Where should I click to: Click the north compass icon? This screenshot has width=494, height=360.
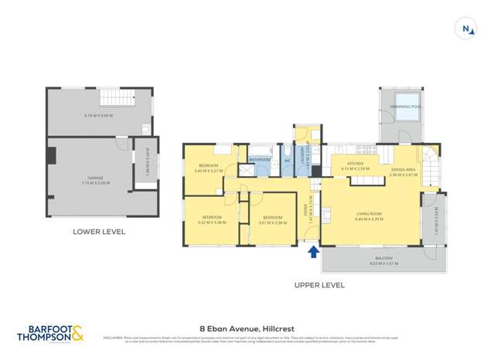[465, 29]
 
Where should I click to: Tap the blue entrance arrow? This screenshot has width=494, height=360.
[313, 250]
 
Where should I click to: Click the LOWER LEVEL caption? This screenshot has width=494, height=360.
[98, 231]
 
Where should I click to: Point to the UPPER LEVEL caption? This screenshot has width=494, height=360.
[319, 285]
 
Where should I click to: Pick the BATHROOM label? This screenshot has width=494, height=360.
[260, 159]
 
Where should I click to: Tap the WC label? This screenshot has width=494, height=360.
[287, 161]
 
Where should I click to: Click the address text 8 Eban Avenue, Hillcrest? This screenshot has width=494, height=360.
[246, 328]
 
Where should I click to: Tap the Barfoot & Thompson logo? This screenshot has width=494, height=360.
[49, 333]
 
